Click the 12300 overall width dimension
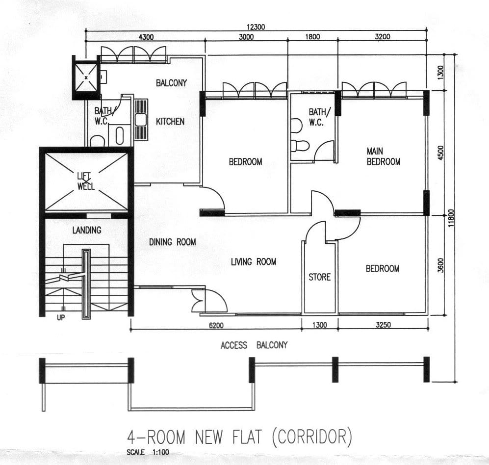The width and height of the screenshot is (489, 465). pos(256,27)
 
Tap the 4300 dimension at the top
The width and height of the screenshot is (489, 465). pos(146,37)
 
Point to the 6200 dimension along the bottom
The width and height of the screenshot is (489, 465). pos(216,325)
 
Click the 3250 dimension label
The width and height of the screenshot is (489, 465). pos(383,325)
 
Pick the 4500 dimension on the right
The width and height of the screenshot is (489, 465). pos(440,153)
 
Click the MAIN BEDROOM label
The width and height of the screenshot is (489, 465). pos(384,156)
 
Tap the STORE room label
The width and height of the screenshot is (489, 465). pos(320,277)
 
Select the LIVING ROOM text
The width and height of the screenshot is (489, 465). pos(254,261)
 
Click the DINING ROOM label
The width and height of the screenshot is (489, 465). pos(173,242)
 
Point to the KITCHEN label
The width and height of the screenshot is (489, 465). pos(170,121)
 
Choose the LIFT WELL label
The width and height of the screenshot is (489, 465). pos(86,181)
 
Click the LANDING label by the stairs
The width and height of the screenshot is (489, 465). pos(87,230)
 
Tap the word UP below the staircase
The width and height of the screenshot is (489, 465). pos(61,317)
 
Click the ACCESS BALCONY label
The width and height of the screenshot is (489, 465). pos(254,345)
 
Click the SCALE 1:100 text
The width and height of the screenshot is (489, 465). pos(148,452)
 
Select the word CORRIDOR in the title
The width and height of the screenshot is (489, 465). pos(312,437)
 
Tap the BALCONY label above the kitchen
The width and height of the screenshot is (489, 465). pos(172,83)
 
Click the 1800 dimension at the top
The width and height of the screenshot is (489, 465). pos(312,36)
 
